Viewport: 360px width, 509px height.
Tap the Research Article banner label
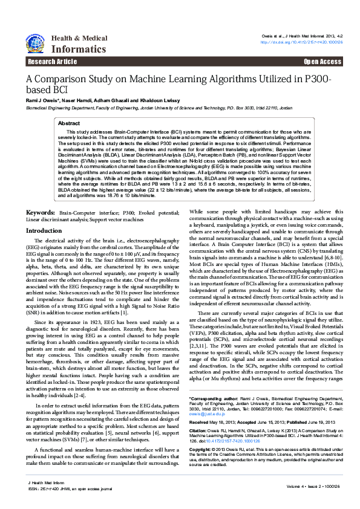tap(52, 62)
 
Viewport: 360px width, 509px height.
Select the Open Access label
tap(322, 62)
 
